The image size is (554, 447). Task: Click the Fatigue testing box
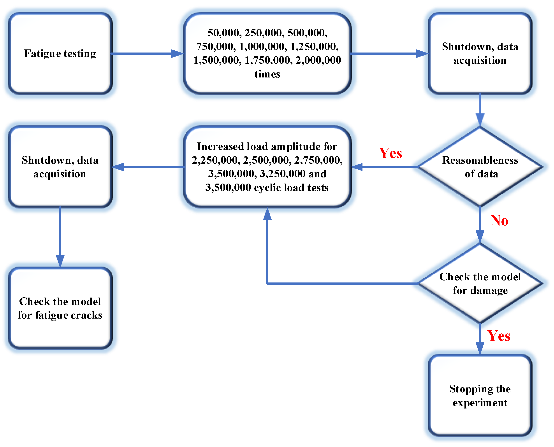60,53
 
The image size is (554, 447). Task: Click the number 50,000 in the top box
223,33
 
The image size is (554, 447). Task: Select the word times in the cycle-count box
267,74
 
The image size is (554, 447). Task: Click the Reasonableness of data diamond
480,167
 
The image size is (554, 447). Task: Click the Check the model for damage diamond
480,283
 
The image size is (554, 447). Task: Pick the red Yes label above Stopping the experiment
499,336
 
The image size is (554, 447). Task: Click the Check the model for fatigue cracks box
60,308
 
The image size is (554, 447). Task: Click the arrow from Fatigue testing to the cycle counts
147,54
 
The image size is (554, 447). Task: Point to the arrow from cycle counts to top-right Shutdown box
389,54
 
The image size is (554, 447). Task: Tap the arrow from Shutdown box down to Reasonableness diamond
480,109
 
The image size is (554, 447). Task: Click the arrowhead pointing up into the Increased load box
267,214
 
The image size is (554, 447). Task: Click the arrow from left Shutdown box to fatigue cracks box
60,237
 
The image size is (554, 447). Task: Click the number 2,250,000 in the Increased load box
216,160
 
